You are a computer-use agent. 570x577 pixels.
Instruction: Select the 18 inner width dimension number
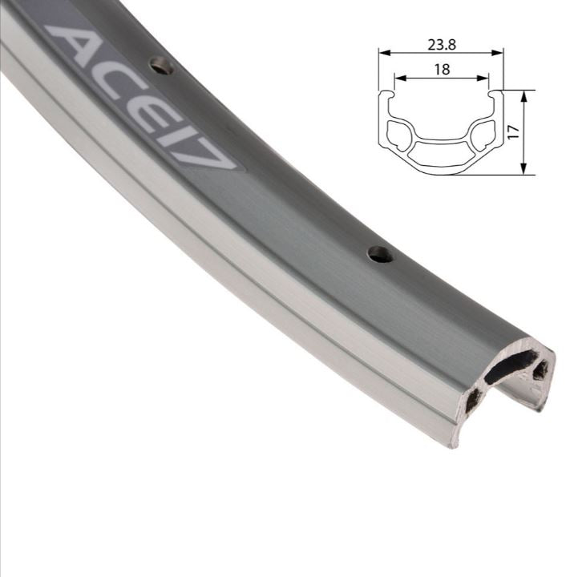pos(441,70)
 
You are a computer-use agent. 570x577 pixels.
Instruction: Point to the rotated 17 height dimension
pos(514,131)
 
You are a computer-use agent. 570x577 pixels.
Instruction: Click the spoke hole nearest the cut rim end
pos(380,255)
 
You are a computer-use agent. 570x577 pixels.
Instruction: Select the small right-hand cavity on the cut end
pos(541,370)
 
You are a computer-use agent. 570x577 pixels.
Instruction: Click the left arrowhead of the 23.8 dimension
pos(382,54)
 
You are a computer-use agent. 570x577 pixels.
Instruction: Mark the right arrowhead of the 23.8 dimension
pos(501,54)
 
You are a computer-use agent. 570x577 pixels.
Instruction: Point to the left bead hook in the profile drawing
pos(387,96)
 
